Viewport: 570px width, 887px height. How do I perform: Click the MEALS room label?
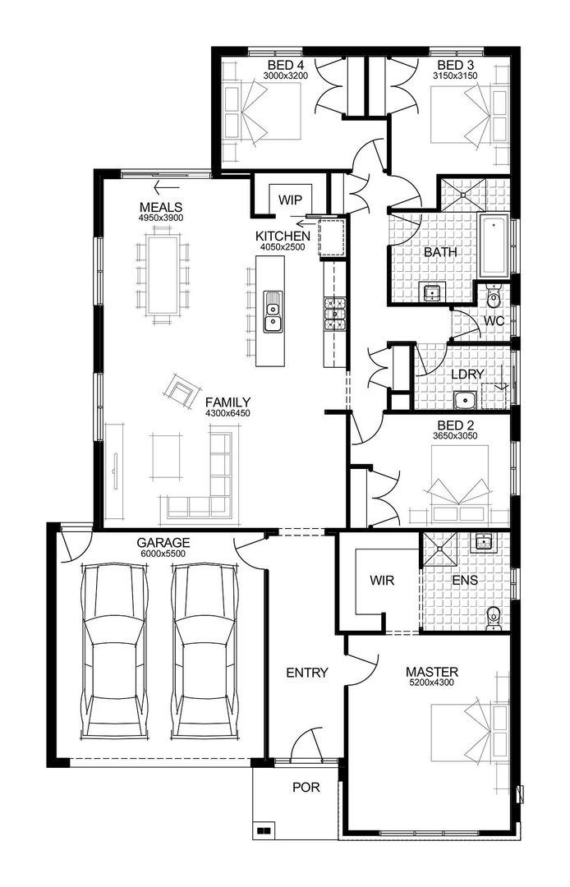160,207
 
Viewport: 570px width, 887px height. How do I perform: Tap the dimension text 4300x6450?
228,413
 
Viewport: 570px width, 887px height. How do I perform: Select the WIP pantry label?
290,200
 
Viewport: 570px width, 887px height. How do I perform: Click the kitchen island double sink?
273,312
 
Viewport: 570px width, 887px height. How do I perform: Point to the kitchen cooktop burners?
334,313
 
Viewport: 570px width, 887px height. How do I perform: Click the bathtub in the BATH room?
495,245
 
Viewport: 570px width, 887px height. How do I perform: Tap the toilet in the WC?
494,295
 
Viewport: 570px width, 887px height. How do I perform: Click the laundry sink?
466,401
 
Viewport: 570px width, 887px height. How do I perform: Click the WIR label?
382,581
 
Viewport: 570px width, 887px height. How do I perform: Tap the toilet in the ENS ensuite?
494,616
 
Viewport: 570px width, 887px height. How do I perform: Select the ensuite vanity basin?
485,542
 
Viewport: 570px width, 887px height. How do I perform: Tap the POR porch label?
306,787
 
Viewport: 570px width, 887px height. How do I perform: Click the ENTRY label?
306,673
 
